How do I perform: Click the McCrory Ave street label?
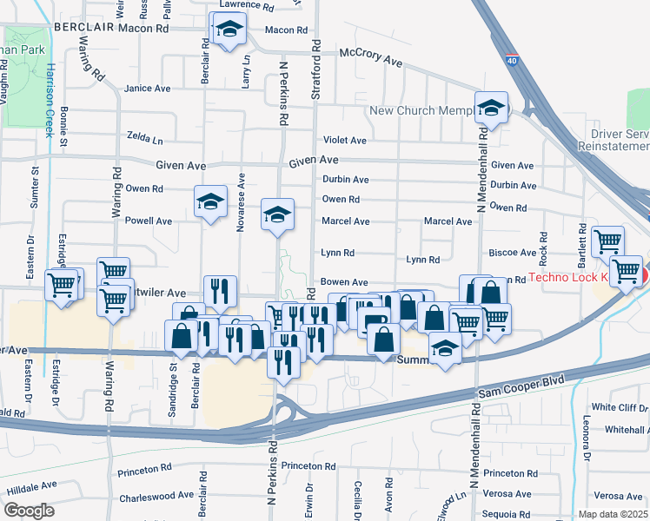(371, 56)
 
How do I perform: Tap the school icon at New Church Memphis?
(491, 109)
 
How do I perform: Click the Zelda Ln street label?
(144, 139)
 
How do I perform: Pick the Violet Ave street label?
(345, 140)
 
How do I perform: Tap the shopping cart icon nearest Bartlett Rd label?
(607, 241)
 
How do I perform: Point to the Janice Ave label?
(148, 89)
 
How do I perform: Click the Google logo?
(30, 511)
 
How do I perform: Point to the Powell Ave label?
(148, 221)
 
